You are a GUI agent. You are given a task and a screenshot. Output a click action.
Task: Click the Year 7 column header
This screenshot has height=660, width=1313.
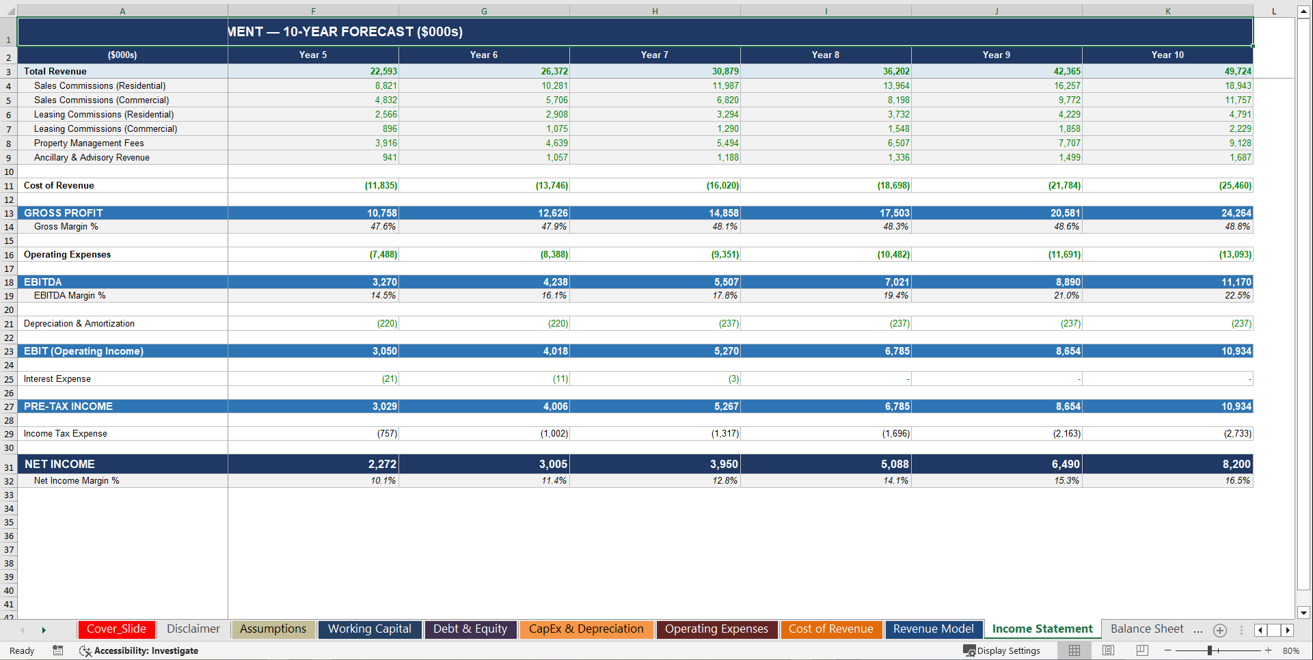[654, 55]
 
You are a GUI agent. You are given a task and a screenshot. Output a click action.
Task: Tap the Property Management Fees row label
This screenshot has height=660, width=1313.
[89, 143]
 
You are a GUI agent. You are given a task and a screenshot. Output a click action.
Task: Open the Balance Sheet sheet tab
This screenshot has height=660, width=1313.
[1146, 629]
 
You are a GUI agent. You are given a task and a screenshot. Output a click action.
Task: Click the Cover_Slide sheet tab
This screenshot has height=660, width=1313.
[116, 629]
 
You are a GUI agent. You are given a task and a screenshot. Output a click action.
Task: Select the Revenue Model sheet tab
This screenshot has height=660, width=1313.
[933, 629]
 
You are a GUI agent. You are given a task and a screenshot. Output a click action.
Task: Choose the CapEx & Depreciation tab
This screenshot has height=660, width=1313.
[586, 629]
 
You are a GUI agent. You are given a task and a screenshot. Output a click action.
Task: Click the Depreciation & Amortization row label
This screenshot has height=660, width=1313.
[79, 323]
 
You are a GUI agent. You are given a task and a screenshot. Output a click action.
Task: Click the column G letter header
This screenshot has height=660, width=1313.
[484, 11]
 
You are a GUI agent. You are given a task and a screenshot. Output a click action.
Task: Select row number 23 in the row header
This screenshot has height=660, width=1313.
[9, 351]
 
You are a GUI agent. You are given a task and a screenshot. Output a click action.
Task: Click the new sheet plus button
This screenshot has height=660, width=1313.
[1220, 630]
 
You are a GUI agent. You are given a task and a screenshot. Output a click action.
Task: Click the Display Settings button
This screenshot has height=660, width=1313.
[1001, 650]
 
